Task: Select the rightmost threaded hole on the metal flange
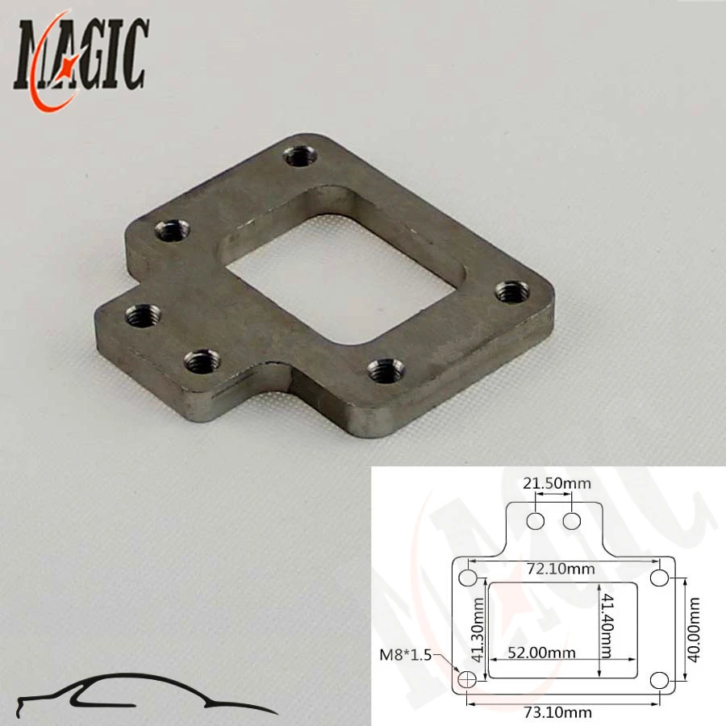pos(511,291)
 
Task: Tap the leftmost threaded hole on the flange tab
pos(143,313)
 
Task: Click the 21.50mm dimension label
pos(557,484)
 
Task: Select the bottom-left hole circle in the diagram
pos(467,681)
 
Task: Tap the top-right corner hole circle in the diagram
pos(660,578)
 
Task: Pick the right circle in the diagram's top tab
pos(572,521)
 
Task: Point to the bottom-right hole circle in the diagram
pos(660,681)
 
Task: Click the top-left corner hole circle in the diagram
pos(467,578)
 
